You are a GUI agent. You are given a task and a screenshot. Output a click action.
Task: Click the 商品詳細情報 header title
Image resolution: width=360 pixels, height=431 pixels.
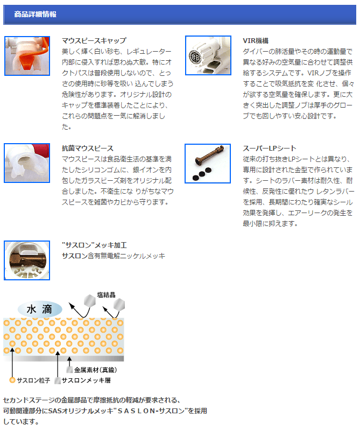(35, 14)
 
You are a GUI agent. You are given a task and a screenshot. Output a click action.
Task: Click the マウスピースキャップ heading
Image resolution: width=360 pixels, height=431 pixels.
(94, 41)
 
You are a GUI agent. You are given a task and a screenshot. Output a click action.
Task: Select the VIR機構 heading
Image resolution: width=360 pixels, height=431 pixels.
(256, 41)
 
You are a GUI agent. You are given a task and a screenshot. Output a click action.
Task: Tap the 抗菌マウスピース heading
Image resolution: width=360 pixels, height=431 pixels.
(87, 149)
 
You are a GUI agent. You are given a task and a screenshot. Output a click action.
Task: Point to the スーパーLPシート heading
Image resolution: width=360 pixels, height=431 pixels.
(269, 149)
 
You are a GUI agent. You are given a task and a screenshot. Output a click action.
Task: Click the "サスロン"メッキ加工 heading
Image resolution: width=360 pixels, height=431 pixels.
(94, 245)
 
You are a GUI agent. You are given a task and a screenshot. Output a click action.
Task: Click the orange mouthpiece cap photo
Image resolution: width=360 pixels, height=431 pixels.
(27, 56)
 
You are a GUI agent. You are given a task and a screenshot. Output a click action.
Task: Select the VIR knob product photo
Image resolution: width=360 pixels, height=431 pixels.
(208, 55)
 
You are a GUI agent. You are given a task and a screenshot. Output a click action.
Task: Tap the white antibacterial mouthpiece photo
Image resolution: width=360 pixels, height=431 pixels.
(27, 163)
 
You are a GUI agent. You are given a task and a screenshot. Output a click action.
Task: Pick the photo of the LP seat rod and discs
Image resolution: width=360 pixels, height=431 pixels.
(208, 163)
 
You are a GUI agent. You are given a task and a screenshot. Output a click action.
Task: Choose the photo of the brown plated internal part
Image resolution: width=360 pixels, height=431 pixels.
(27, 260)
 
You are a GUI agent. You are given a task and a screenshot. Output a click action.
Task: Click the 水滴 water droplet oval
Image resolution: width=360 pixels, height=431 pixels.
(40, 309)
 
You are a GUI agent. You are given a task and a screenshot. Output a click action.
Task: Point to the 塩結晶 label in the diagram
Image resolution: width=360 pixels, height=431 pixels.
(106, 295)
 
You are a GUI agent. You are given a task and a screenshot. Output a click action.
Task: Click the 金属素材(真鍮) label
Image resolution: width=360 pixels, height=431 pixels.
(95, 370)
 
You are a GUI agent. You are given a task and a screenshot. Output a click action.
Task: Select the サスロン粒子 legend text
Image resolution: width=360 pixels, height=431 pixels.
(33, 380)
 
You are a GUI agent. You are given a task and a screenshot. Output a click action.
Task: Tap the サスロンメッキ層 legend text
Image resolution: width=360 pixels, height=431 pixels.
(86, 380)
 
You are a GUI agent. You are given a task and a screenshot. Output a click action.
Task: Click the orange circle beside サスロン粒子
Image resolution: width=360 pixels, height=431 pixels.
(12, 380)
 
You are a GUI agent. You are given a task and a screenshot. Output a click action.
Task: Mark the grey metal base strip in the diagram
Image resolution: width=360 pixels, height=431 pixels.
(63, 358)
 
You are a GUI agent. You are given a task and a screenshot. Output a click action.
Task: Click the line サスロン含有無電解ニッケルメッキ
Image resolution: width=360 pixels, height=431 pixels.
(114, 256)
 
